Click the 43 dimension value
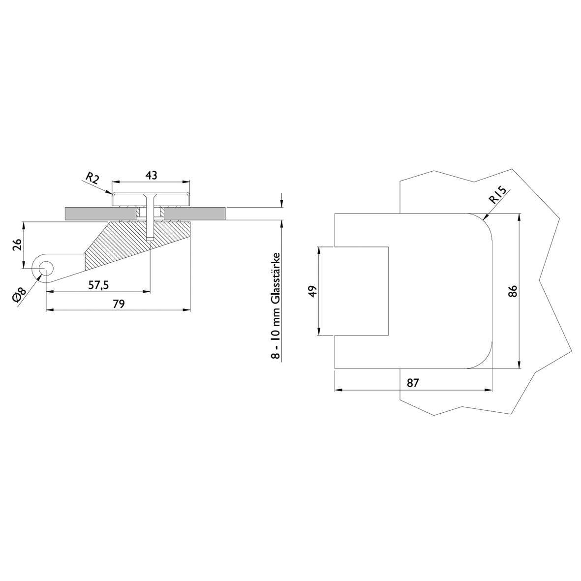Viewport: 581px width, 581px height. pyautogui.click(x=151, y=175)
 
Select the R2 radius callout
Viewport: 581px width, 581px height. pyautogui.click(x=92, y=178)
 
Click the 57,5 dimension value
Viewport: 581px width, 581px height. pyautogui.click(x=98, y=285)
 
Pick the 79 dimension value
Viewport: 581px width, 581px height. pyautogui.click(x=119, y=304)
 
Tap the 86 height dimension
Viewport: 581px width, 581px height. pyautogui.click(x=513, y=291)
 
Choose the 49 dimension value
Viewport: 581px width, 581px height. pyautogui.click(x=313, y=291)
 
